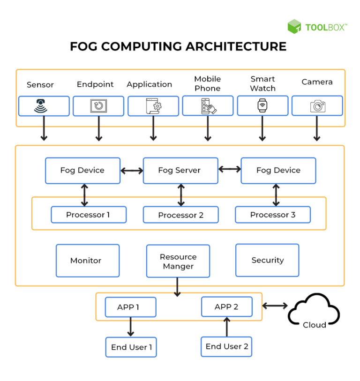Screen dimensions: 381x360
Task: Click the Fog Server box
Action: click(180, 171)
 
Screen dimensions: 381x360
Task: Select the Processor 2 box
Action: click(180, 215)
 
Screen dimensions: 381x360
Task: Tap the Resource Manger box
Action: click(178, 261)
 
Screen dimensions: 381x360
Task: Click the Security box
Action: click(267, 260)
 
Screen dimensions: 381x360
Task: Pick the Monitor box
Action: click(88, 261)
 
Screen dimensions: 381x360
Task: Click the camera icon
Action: click(317, 106)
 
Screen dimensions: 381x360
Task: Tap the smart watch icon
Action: click(262, 106)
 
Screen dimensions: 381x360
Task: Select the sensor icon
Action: click(44, 106)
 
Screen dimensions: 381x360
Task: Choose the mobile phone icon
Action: click(208, 106)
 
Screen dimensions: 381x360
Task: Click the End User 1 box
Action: click(131, 347)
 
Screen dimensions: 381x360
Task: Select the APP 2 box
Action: click(226, 307)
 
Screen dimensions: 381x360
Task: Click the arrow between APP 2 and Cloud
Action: click(275, 306)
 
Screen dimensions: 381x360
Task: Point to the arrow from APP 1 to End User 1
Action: click(131, 326)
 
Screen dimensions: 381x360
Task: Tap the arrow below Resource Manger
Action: click(177, 287)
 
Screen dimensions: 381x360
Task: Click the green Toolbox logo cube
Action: click(294, 27)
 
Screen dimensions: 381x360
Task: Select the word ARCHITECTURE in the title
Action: click(236, 47)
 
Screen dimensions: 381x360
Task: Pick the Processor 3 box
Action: click(273, 215)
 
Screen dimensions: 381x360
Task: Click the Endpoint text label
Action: click(95, 84)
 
